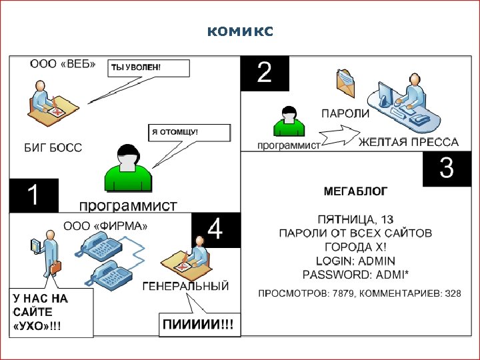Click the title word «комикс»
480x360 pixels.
[239, 31]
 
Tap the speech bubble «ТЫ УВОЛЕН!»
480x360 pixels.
[148, 67]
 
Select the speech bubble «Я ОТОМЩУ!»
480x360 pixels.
[189, 132]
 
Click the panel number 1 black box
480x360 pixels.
[33, 195]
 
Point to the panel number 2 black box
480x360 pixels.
[265, 73]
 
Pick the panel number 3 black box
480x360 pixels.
[447, 169]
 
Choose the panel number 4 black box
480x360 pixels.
[215, 230]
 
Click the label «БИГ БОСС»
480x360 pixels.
[53, 147]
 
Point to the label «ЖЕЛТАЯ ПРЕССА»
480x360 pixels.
[409, 142]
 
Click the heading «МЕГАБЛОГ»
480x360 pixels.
[355, 191]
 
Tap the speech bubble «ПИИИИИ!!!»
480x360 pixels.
[199, 325]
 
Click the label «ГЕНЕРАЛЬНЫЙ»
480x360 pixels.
[186, 286]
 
